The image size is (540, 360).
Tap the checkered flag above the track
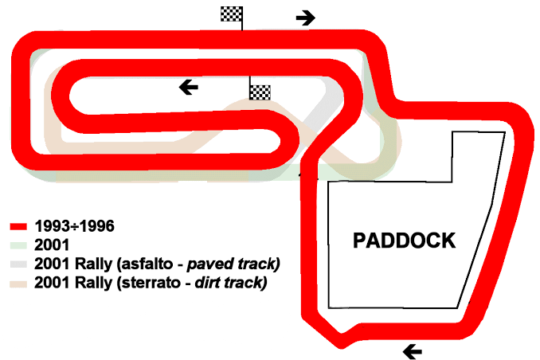(232, 14)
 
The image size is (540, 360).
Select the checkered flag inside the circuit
(260, 92)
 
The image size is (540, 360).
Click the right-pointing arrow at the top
(305, 18)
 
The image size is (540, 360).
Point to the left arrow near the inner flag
(189, 87)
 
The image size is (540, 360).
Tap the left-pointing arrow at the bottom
(413, 350)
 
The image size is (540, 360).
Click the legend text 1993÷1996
(72, 226)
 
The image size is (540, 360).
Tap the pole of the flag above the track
(241, 24)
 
